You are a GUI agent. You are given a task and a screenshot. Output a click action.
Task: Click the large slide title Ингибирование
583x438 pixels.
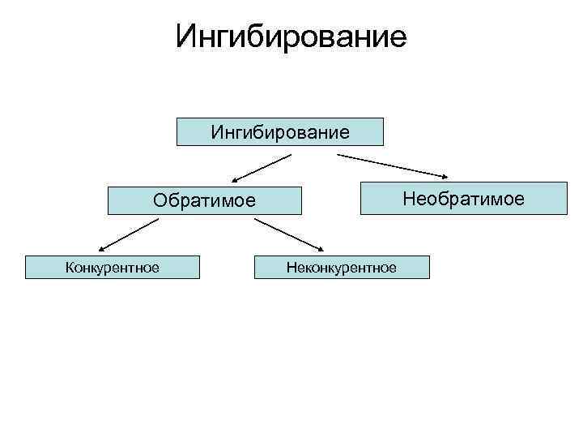point(291,36)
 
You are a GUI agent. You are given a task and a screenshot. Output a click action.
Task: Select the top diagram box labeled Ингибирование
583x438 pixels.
point(280,131)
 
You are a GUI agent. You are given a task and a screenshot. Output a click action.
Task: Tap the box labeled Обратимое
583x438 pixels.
point(205,200)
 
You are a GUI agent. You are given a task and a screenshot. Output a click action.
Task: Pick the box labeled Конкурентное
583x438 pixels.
point(113,267)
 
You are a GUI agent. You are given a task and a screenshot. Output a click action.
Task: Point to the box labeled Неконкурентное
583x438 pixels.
point(342,267)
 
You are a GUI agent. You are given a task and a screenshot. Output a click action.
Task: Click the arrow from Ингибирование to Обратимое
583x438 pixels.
point(261,167)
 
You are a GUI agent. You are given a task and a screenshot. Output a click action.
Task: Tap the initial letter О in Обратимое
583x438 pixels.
point(160,200)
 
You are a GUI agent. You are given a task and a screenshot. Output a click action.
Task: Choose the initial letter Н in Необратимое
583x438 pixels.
point(408,199)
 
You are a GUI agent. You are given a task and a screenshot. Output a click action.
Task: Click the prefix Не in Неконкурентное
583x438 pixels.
point(292,267)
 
